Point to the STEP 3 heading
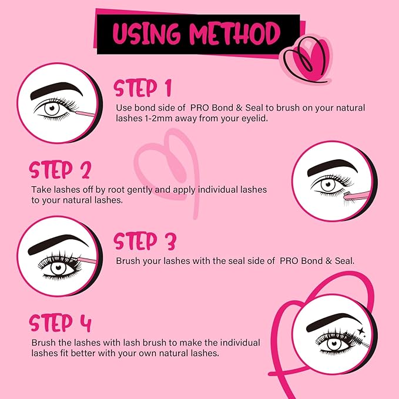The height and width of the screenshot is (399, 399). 145,241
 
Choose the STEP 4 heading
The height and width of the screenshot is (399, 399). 61,323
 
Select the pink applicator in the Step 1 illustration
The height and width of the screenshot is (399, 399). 85,112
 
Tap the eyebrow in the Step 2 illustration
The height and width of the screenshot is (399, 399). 333,168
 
